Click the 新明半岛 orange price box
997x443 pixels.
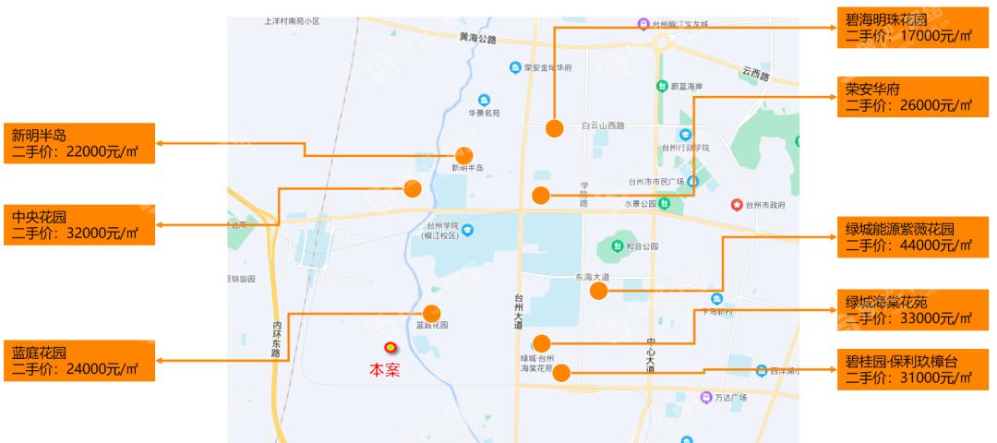(x=79, y=144)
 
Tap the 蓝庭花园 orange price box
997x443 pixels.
(x=79, y=361)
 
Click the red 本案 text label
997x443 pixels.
(x=385, y=371)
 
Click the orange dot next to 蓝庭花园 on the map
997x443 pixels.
(x=431, y=313)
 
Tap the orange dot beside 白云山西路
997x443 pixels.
(x=554, y=128)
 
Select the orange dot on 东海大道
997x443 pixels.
(x=598, y=292)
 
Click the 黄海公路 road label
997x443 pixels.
(x=478, y=39)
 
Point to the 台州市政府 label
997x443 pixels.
(x=765, y=205)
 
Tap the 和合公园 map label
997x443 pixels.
(x=641, y=246)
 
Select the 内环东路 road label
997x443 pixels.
(x=275, y=339)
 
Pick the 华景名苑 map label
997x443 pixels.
(x=483, y=114)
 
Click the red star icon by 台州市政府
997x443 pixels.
(x=737, y=204)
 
